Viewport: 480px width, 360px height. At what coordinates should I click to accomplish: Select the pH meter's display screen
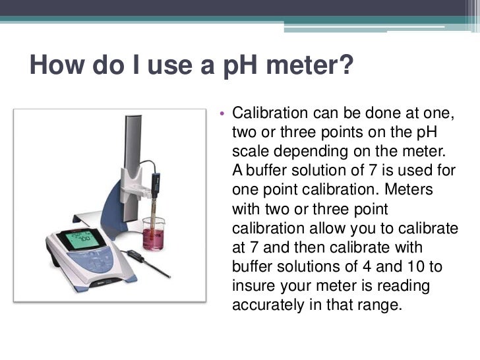pos(74,239)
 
